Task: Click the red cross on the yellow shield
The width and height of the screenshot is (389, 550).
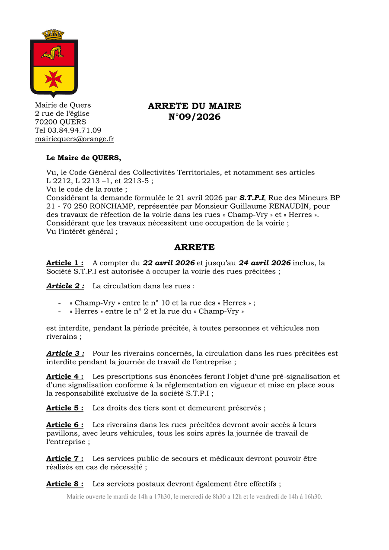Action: pos(54,79)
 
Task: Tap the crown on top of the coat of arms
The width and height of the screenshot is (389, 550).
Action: pos(53,34)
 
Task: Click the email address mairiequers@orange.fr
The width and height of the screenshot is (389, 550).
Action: pos(74,139)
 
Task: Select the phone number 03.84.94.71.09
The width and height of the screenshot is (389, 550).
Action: pos(74,130)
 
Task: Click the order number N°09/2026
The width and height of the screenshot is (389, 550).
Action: pos(194,117)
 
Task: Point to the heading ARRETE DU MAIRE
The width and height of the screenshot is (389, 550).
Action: pos(194,106)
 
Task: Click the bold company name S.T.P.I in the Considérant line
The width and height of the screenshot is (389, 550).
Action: pos(252,197)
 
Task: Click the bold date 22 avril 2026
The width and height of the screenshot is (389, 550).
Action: pos(169,263)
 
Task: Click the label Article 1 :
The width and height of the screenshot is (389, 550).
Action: pos(65,263)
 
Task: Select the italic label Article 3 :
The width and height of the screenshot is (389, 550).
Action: pos(65,353)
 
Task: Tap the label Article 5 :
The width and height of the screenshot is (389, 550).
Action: pos(65,408)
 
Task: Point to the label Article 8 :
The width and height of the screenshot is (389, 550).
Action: pos(65,484)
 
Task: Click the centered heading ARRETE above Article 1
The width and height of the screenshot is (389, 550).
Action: pos(194,247)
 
